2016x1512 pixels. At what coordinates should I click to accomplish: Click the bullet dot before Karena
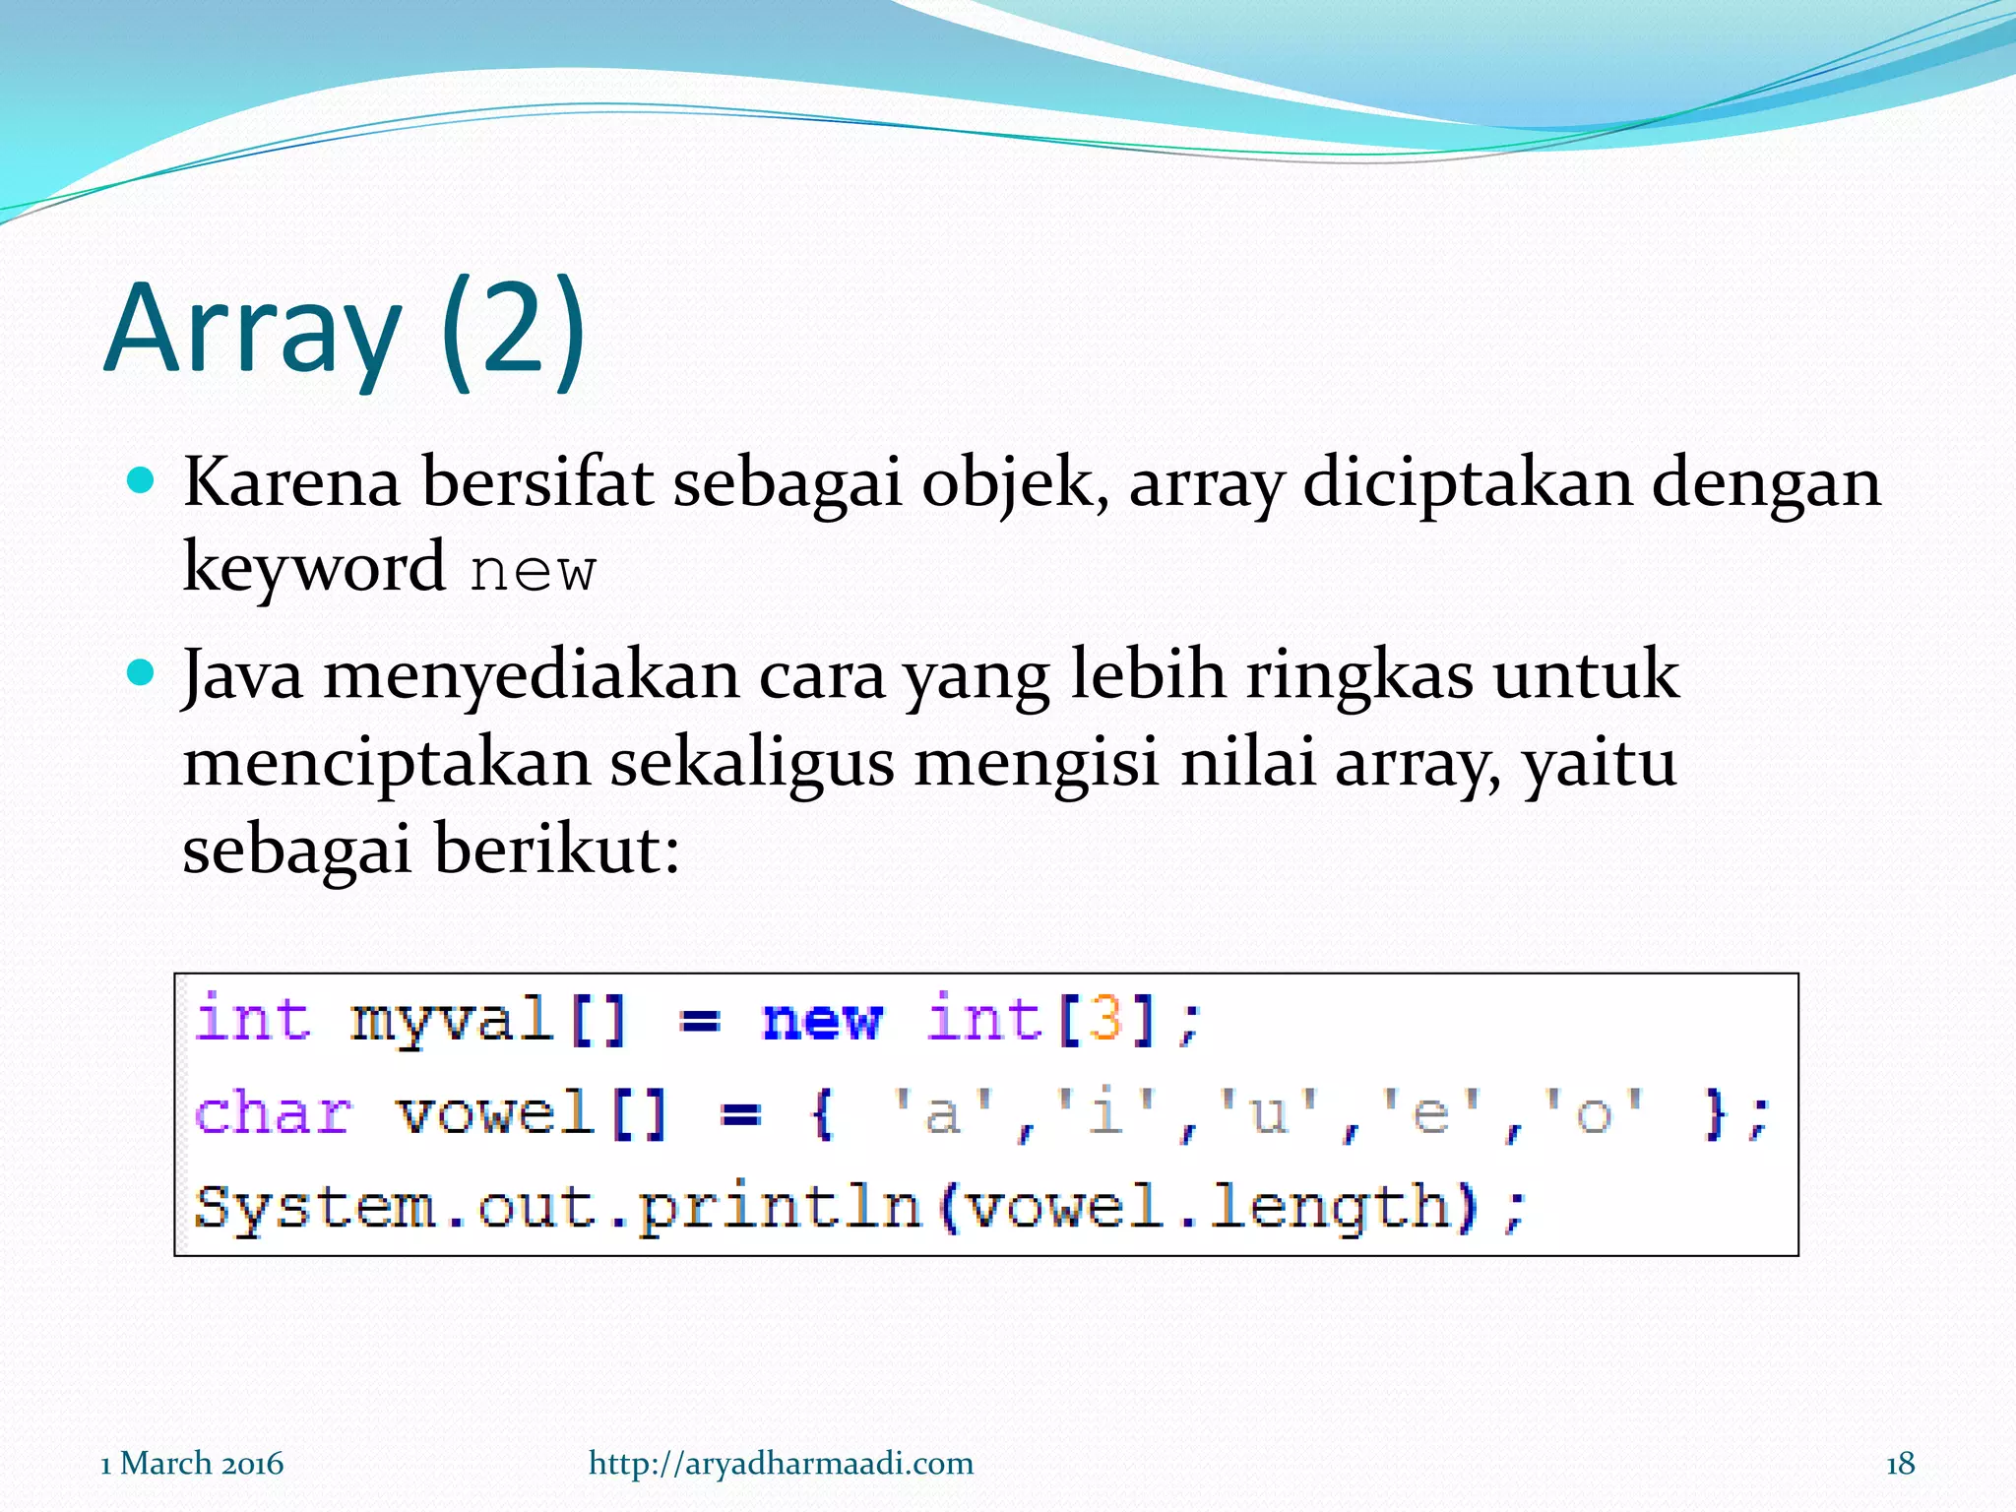(x=142, y=480)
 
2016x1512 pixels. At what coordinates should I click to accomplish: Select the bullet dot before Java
(x=142, y=673)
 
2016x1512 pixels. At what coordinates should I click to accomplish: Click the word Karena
(x=291, y=483)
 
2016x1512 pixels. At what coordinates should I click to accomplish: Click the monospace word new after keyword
(x=533, y=571)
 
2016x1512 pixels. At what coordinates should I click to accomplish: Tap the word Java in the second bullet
(x=243, y=676)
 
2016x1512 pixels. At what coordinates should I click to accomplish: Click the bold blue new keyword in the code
(x=822, y=1019)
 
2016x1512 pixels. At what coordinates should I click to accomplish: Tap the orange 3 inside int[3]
(x=1105, y=1019)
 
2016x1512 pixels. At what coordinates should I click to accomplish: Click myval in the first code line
(x=451, y=1019)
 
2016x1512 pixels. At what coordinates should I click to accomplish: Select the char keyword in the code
(x=273, y=1113)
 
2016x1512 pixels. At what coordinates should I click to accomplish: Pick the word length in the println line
(x=1330, y=1208)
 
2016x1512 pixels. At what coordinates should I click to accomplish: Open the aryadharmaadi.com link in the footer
(x=781, y=1463)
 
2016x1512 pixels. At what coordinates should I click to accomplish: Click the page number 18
(x=1900, y=1463)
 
